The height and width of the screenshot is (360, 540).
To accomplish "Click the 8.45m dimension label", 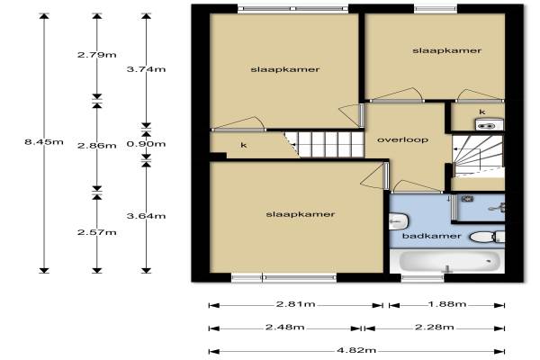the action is click(44, 141).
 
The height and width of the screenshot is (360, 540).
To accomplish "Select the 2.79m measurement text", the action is click(97, 55).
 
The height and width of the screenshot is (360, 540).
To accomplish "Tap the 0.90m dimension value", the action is click(147, 144).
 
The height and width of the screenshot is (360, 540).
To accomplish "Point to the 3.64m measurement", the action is click(147, 216).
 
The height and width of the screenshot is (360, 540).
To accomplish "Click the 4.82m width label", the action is click(356, 351).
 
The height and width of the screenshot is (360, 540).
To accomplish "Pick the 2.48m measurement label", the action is click(285, 327).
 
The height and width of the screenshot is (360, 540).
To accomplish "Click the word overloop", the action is click(403, 139).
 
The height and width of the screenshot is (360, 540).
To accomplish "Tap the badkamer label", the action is click(431, 236).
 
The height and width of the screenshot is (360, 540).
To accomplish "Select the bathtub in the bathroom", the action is click(449, 262).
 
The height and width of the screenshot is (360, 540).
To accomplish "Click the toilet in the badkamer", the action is click(487, 237).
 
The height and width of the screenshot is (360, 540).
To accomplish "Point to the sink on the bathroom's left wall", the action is click(399, 221).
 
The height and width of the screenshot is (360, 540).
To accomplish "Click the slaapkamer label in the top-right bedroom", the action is click(446, 50).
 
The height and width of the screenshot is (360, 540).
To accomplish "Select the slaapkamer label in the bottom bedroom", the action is click(301, 214).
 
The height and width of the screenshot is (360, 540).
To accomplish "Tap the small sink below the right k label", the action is click(489, 124).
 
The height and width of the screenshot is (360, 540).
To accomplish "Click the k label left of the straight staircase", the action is click(244, 145).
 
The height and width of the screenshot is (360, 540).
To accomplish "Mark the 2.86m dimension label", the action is click(97, 146).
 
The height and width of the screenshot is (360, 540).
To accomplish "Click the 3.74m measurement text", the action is click(147, 69).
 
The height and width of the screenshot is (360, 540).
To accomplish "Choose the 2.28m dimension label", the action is click(435, 327).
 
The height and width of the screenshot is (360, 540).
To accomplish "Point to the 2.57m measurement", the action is click(97, 232).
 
